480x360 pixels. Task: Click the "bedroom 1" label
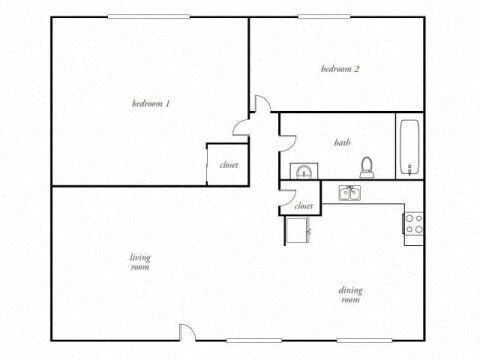point(152,102)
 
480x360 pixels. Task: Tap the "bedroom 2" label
point(340,69)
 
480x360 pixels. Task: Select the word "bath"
point(342,143)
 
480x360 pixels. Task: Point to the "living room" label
point(140,262)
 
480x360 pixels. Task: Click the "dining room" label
point(350,295)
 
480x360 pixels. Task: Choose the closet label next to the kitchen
point(303,206)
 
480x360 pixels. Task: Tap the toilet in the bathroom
point(366,167)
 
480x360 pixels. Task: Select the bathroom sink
point(302,171)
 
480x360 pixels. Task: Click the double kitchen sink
point(350,192)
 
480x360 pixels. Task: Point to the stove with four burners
point(413,224)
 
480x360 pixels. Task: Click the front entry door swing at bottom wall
point(187,333)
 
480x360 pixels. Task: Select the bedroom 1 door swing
point(241,125)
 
